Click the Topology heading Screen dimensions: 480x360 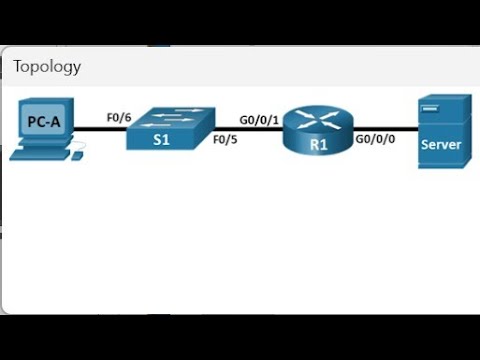[47, 67]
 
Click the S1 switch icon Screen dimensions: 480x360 [170, 129]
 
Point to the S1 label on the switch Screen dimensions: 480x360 [161, 141]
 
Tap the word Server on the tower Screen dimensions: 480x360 [441, 144]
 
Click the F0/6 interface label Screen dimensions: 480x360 [120, 117]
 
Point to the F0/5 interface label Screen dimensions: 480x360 [226, 140]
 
